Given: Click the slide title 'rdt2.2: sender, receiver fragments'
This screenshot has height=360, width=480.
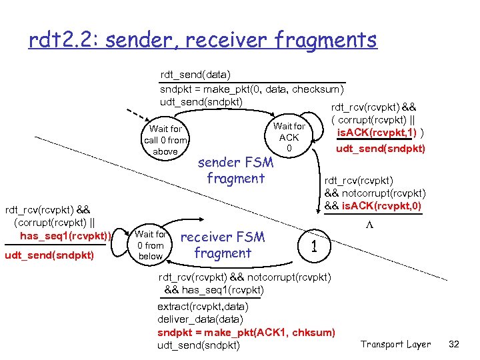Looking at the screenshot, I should (x=203, y=41).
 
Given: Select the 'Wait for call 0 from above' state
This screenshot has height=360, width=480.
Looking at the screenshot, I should (x=165, y=140).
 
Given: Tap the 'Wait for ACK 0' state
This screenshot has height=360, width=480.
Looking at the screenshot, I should (x=289, y=137).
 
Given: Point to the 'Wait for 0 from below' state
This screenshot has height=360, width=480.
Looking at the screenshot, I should (x=150, y=245).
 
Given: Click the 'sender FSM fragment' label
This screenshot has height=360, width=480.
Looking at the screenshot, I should (x=236, y=170).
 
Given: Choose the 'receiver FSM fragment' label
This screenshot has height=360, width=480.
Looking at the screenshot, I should (x=223, y=245).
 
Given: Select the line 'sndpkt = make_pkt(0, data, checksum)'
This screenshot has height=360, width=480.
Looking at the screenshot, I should (x=252, y=89).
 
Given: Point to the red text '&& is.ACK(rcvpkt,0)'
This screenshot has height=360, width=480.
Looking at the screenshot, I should (x=373, y=205).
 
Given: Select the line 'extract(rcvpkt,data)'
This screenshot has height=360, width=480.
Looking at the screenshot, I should (x=202, y=307).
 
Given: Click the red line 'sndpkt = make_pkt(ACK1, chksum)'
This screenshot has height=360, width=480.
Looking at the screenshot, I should (x=246, y=332).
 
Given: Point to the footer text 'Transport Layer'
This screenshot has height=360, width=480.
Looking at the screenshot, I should (x=395, y=344).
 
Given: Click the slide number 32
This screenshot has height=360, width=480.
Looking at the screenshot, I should (x=454, y=344).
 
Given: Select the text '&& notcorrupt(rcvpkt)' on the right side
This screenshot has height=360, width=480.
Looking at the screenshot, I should (x=375, y=193).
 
